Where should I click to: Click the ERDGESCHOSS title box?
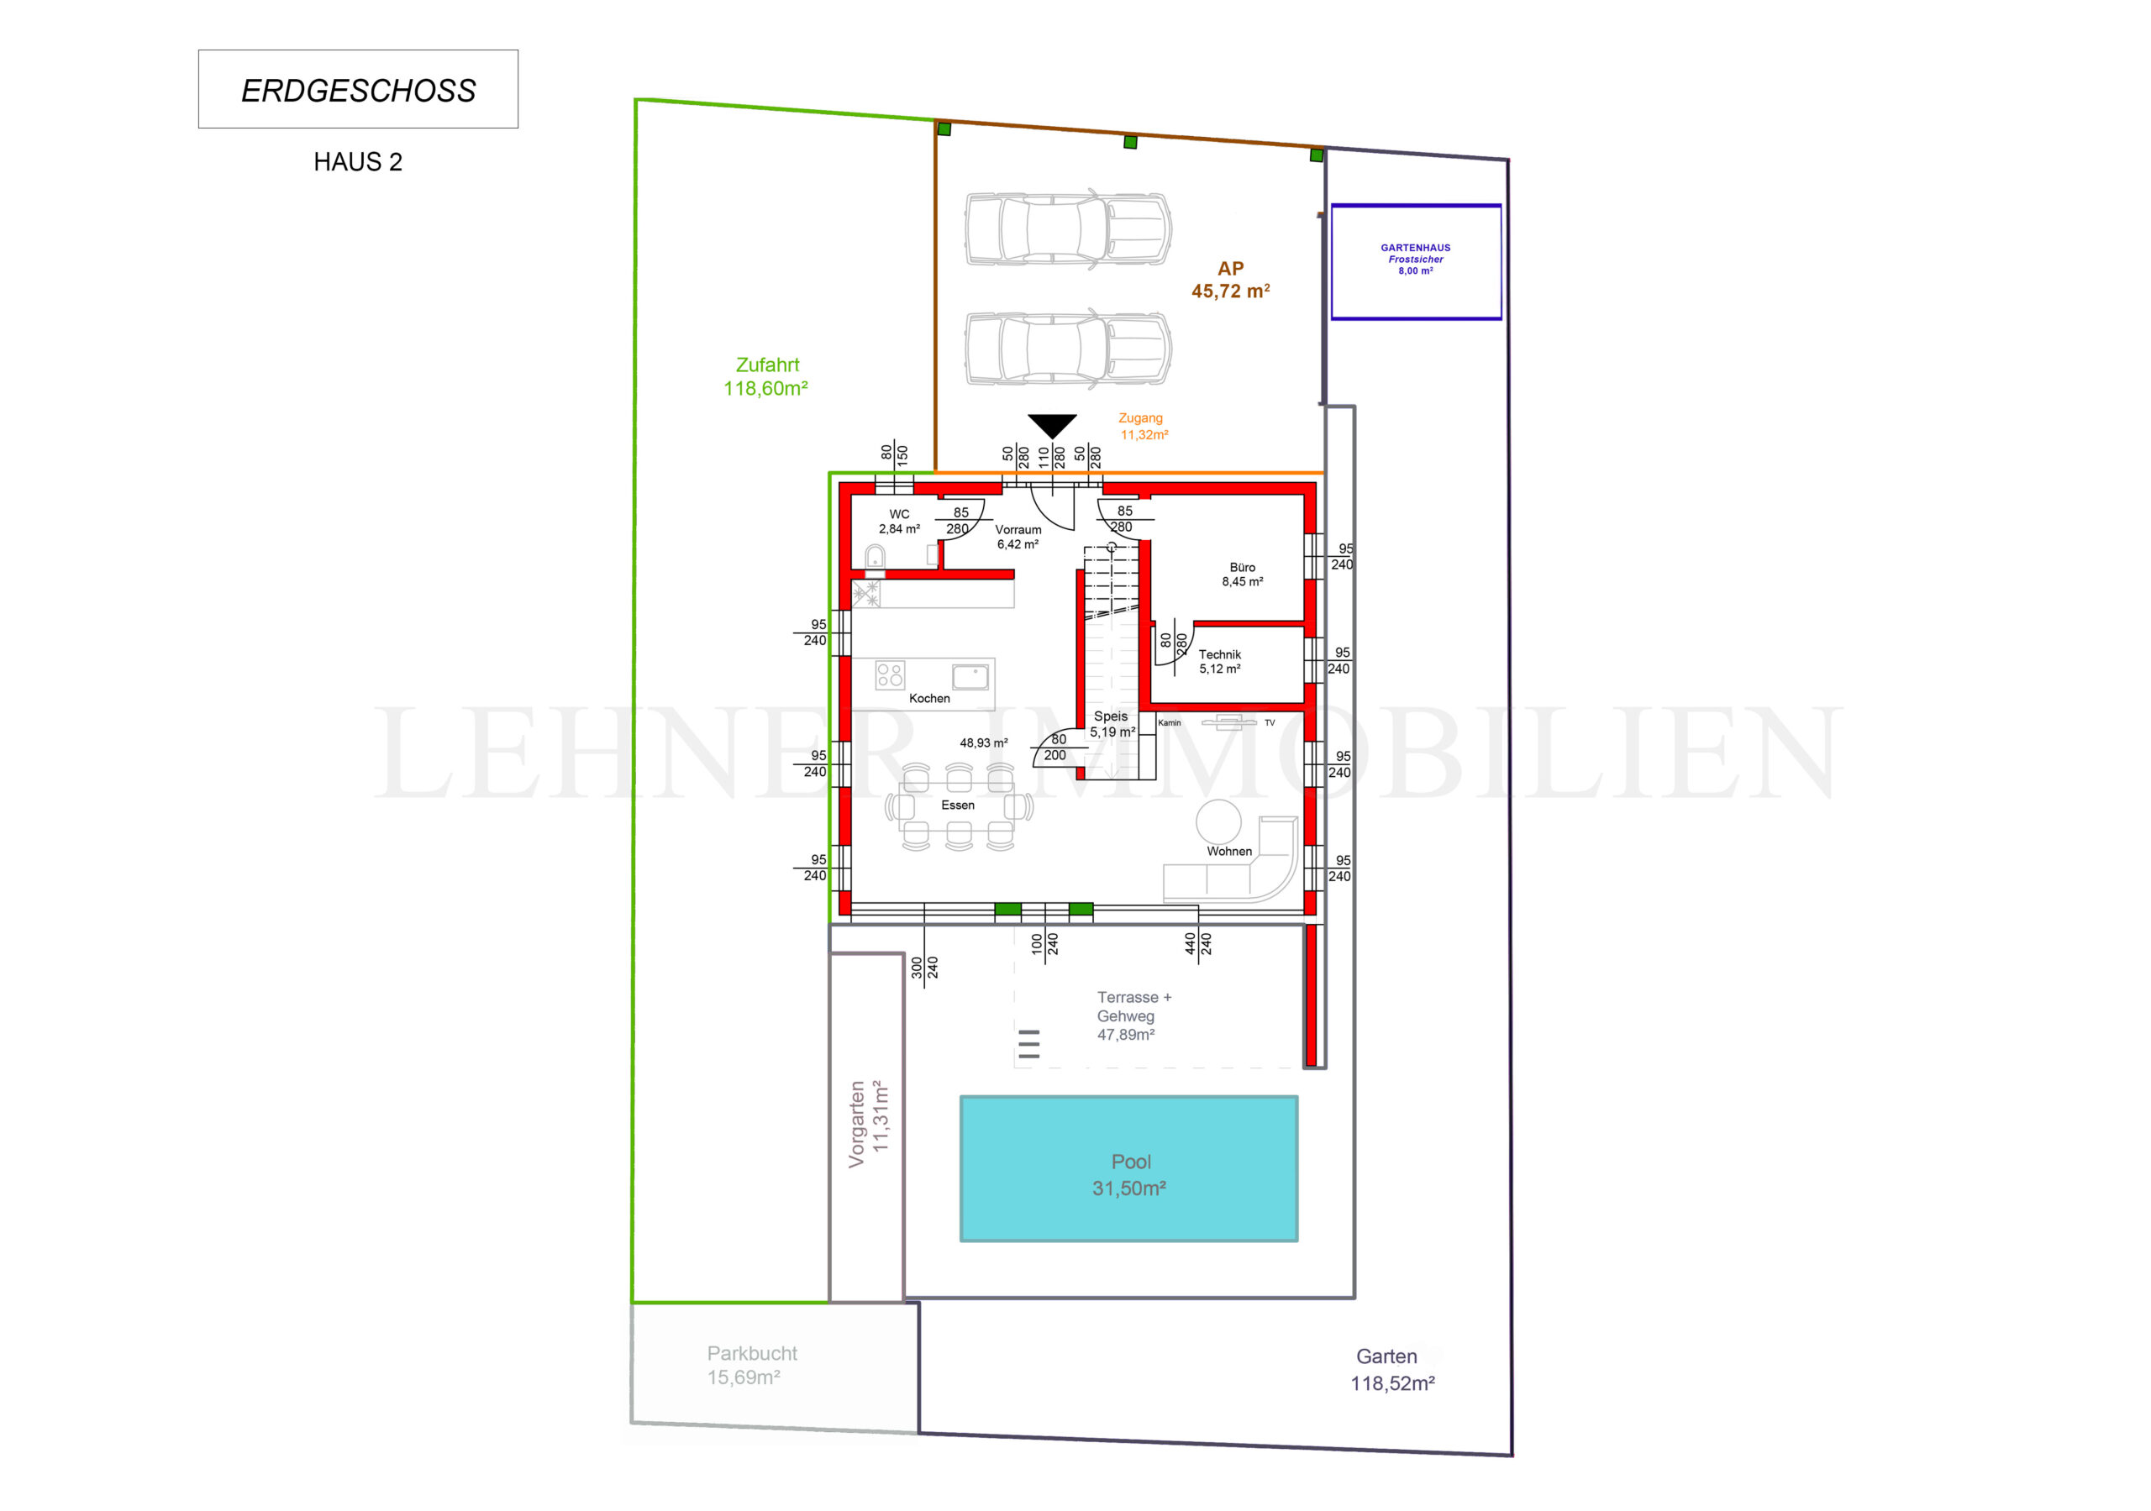coord(358,89)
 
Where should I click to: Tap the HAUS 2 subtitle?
coord(358,162)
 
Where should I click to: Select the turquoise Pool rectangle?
coord(1129,1168)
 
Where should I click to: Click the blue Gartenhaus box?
coord(1416,261)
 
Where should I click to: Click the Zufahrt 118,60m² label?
coord(766,376)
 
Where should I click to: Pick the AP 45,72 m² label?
coord(1230,280)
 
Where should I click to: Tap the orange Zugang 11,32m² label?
coord(1143,426)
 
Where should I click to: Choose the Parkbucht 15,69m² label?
coord(751,1365)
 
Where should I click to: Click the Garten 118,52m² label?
coord(1391,1370)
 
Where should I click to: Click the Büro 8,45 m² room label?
coord(1242,574)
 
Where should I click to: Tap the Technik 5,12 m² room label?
coord(1220,661)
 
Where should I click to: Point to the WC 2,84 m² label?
coord(899,521)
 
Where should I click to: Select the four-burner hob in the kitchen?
coord(890,674)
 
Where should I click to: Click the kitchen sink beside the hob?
coord(970,676)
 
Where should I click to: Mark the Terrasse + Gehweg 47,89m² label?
coord(1133,1015)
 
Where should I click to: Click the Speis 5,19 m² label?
coord(1112,724)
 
